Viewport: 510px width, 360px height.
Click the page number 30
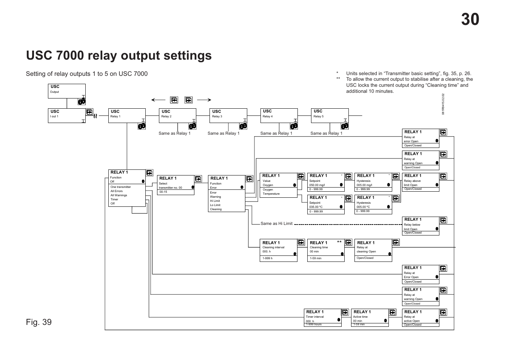click(470, 20)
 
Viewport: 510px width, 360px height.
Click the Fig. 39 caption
click(39, 322)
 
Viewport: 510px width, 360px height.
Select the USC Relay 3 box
click(228, 115)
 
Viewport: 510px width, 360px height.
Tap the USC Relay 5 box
click(329, 115)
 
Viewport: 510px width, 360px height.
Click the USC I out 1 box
click(66, 115)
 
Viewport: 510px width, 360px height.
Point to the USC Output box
click(66, 91)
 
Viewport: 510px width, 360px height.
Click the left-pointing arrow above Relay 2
click(159, 100)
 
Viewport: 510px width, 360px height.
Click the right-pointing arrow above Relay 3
click(204, 100)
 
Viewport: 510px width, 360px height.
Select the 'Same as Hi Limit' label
click(276, 223)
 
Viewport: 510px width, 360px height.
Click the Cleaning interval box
click(279, 250)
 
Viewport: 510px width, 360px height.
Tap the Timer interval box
click(323, 318)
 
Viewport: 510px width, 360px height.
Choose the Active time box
click(370, 318)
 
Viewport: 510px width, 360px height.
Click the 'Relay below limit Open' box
click(421, 226)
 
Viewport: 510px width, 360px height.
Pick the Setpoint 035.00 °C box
click(326, 205)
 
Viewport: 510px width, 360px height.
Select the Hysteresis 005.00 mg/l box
click(373, 182)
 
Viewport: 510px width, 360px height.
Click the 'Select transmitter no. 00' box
click(176, 185)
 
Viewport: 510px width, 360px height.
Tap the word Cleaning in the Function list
click(216, 209)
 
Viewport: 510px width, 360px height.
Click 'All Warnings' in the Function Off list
click(119, 195)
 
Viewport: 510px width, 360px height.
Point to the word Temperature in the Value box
click(271, 194)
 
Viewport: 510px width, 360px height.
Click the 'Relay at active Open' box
click(421, 318)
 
